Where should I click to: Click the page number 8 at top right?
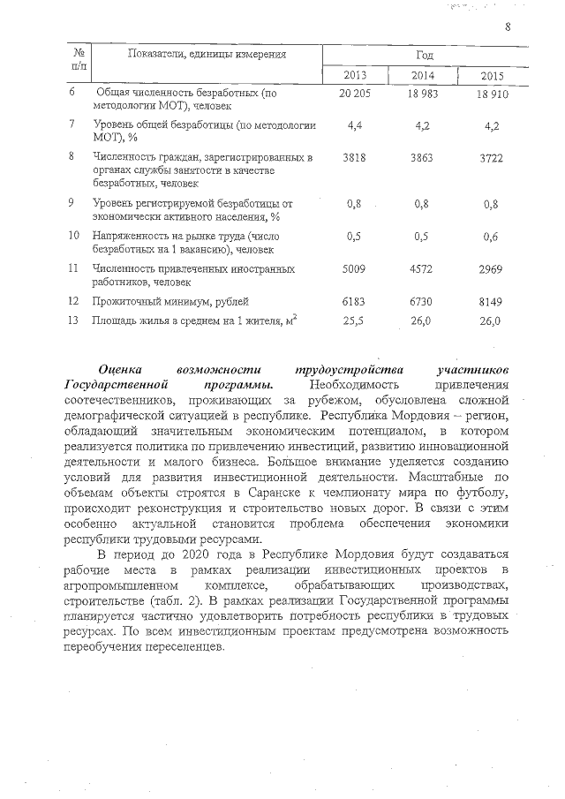coord(508,26)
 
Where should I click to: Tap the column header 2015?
coord(492,74)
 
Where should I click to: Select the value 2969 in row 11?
coord(490,268)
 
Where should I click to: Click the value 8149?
coord(490,301)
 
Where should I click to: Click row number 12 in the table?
coord(74,301)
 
